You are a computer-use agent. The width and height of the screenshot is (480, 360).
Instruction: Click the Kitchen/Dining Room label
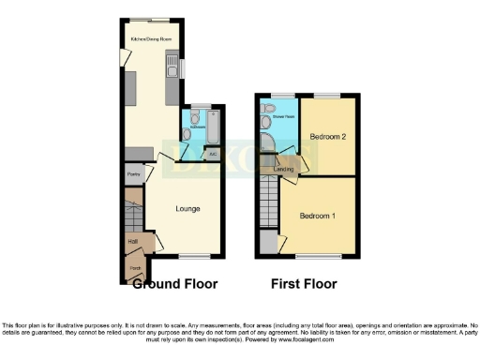(151, 39)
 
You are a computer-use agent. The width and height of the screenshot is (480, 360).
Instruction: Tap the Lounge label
(186, 208)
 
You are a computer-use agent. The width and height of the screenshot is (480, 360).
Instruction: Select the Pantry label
(133, 174)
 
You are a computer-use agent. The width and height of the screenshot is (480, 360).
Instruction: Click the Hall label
(132, 241)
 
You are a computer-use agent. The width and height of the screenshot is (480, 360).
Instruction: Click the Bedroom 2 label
(330, 137)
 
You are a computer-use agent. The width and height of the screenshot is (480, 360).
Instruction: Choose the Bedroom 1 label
(317, 217)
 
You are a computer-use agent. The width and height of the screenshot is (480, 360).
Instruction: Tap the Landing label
(285, 169)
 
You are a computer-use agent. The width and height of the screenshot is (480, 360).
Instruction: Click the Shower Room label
(284, 117)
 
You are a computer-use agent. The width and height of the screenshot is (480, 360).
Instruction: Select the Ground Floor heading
(175, 283)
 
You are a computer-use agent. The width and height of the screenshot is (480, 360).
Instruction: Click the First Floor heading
(304, 283)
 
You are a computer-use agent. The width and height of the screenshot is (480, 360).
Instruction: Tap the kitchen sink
(172, 67)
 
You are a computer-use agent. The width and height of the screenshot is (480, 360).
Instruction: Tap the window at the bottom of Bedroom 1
(319, 255)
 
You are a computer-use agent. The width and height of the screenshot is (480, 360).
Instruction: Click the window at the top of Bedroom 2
(326, 96)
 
